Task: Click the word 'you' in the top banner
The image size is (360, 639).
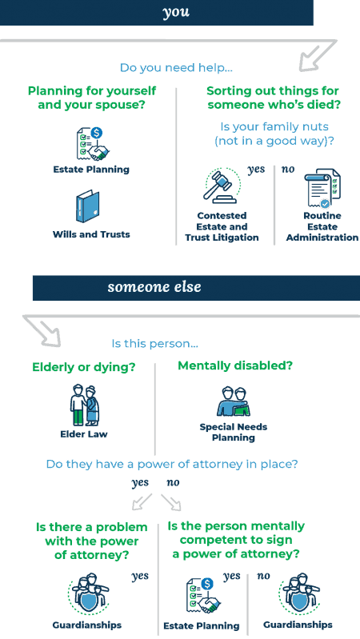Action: pos(176,12)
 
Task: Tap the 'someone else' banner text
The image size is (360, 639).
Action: pos(154,287)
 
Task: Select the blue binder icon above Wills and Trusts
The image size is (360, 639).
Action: pos(88,206)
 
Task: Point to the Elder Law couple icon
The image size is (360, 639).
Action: pos(84,405)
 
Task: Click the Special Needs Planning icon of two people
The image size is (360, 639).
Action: pos(234,401)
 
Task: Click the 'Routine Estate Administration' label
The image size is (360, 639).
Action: pos(322,226)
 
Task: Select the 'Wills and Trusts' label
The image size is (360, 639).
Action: pos(91,234)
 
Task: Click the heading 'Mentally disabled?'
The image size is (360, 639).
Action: pos(235,365)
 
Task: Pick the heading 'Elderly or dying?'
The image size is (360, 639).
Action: pos(83,368)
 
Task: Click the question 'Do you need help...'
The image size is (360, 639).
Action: pos(176,67)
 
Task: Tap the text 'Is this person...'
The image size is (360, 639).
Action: pos(155,344)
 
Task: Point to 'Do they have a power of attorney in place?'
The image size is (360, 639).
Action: pos(172,464)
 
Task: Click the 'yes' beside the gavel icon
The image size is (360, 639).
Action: pos(256,170)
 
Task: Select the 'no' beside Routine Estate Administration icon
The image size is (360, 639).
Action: pos(288,169)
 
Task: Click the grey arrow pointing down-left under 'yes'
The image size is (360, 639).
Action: pos(142,502)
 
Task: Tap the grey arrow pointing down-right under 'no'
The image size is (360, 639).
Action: pos(171,502)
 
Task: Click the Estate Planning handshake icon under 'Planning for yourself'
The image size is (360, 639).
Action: pos(93,144)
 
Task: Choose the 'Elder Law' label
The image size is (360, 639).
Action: pos(84,434)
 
